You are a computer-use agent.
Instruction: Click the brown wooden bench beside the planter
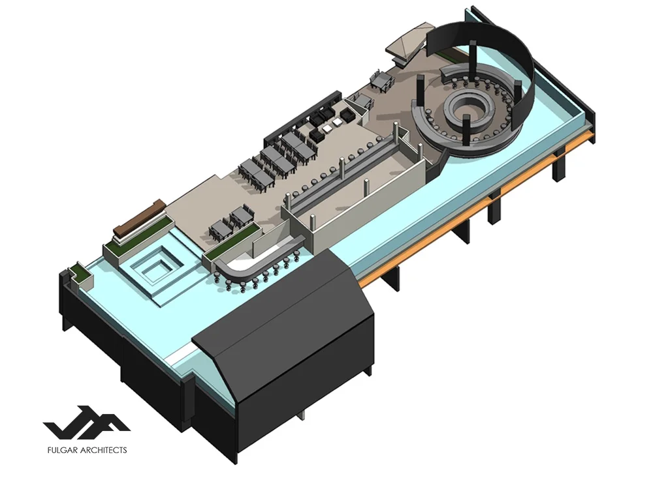139,218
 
